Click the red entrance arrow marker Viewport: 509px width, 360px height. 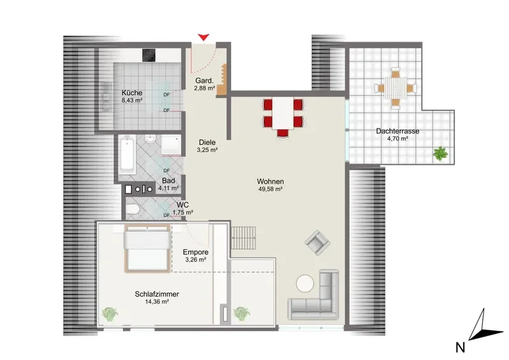(204, 37)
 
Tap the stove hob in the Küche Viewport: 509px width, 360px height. (149, 55)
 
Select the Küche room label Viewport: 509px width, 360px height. (132, 92)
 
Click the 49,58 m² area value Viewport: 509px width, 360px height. (270, 189)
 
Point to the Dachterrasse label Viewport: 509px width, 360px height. (398, 131)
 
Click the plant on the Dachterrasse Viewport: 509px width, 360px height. (440, 153)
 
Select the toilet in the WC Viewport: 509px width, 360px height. (132, 209)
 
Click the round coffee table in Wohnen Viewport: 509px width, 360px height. (305, 284)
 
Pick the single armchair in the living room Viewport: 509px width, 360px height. (317, 242)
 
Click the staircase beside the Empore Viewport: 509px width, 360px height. (243, 238)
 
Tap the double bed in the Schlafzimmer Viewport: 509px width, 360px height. (148, 248)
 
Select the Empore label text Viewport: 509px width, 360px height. (195, 253)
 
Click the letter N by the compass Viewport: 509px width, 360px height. (460, 348)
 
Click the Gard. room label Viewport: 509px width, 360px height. (204, 81)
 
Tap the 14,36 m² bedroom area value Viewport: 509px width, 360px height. (157, 301)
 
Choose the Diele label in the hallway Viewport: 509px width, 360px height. (207, 142)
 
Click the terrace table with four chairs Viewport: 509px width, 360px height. (395, 88)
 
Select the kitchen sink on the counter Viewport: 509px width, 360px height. (106, 96)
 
